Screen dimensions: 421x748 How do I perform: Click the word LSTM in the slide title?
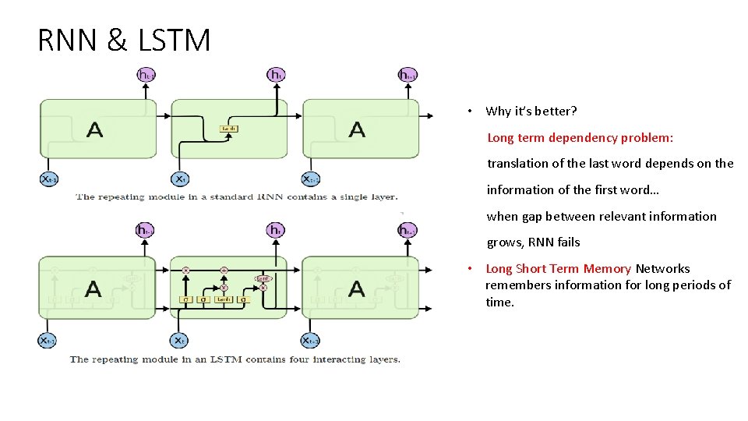pos(174,40)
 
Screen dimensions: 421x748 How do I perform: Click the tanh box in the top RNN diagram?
pos(228,129)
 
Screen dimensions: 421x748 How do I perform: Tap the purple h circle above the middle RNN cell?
pos(276,75)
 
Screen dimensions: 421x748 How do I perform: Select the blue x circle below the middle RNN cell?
pos(179,179)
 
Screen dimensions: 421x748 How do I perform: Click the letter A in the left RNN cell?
pos(93,129)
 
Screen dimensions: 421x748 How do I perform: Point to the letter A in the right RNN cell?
pos(357,129)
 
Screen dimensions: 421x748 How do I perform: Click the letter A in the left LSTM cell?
pos(93,288)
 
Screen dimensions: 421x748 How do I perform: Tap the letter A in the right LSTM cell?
pos(357,288)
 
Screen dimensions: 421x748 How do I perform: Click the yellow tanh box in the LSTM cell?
pos(223,299)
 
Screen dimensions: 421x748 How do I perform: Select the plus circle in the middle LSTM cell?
pos(224,270)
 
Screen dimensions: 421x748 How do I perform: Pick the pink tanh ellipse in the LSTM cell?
pos(263,278)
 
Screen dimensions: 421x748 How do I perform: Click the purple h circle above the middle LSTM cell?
pos(275,230)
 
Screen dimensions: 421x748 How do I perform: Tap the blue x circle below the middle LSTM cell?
pos(179,340)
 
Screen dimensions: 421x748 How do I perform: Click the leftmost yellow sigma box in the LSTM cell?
pos(185,299)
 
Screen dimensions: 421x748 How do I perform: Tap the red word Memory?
pos(607,269)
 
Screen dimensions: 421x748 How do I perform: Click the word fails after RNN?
pos(567,242)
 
